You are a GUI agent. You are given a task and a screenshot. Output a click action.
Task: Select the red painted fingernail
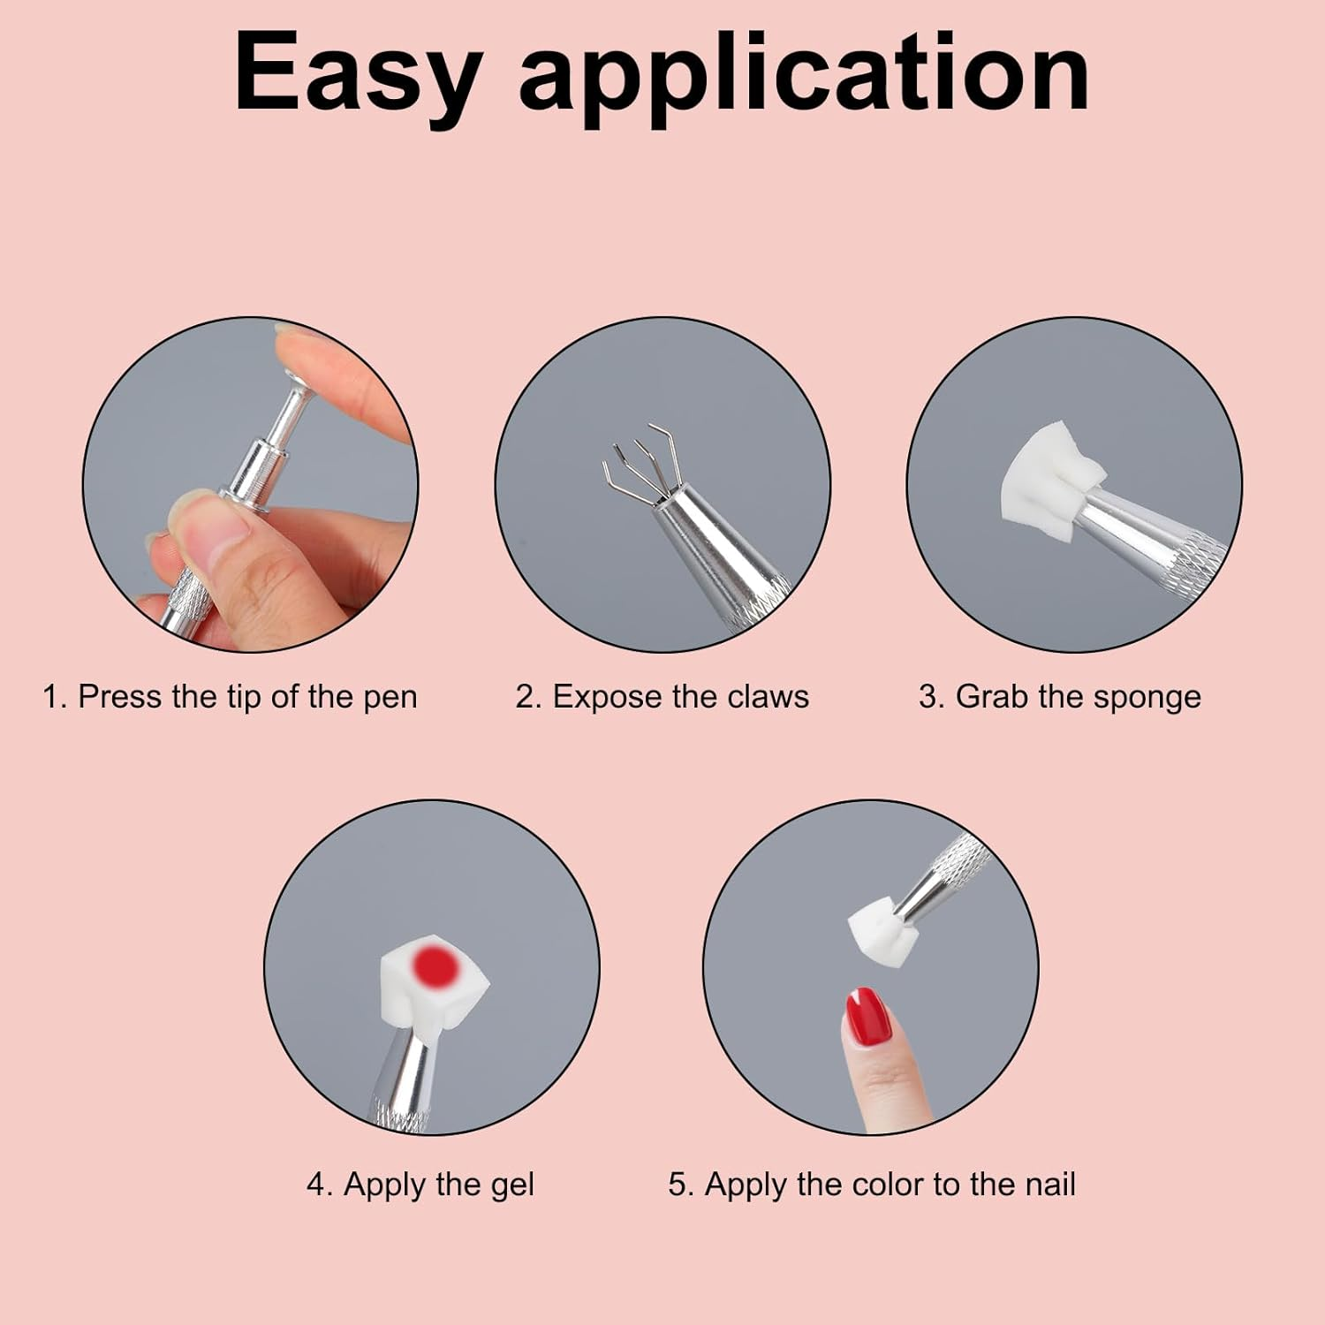pyautogui.click(x=868, y=1017)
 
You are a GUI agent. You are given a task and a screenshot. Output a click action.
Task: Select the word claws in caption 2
pyautogui.click(x=768, y=697)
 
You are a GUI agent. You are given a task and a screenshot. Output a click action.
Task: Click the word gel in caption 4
pyautogui.click(x=511, y=1185)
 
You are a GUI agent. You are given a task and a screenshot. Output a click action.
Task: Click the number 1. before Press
pyautogui.click(x=55, y=697)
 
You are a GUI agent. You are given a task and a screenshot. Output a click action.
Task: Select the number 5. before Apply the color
pyautogui.click(x=681, y=1184)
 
